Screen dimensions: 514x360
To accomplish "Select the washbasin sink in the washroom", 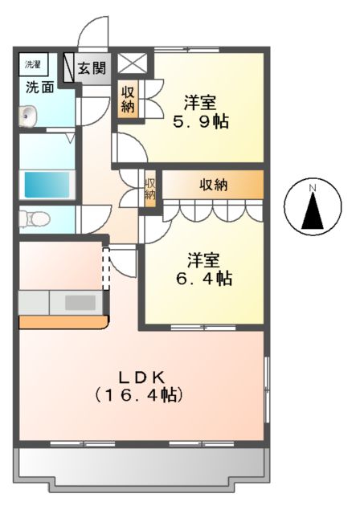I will point(27,118).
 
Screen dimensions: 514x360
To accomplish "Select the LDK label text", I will point(141,376).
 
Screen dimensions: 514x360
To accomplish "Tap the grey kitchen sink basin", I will point(80,303).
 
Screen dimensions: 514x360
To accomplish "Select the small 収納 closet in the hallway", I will point(149,190).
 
